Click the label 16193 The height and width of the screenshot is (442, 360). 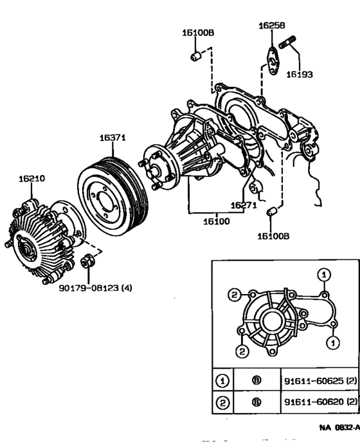(300, 75)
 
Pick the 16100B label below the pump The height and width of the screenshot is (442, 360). (273, 236)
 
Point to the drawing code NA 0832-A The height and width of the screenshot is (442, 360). (339, 427)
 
